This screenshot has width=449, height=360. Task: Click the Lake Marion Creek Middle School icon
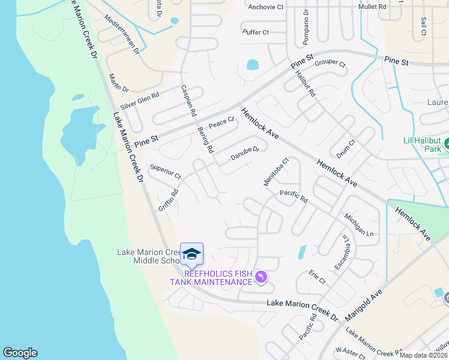coord(191,254)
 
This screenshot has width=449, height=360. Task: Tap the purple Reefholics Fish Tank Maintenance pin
coord(261,277)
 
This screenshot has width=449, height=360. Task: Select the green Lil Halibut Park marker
coord(446,144)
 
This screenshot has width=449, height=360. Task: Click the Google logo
coord(20,353)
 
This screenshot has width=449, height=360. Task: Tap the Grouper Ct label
coord(330,64)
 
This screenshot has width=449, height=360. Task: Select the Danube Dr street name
coord(245,154)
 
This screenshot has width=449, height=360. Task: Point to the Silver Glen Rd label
coord(139,100)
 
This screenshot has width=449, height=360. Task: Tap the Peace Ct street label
coord(220,124)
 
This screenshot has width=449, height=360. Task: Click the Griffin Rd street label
coord(169,200)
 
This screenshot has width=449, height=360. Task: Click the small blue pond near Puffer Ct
coord(253,64)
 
